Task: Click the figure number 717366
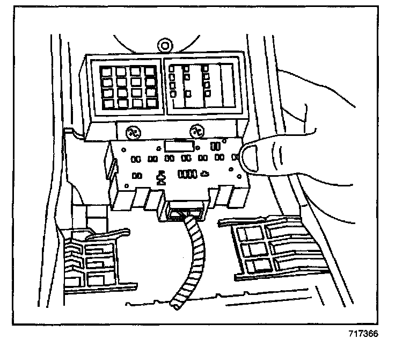coord(363,334)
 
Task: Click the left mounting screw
coord(133,133)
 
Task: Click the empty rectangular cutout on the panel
coord(179,146)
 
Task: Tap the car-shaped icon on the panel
coord(205,174)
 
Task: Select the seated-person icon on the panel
coord(160,178)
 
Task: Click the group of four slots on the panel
coord(187,174)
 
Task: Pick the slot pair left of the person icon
coord(137,176)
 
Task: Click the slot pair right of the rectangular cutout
coord(215,146)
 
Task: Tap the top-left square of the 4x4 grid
coord(106,72)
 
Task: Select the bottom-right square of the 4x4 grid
coord(152,103)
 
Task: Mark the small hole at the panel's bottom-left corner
coord(127,186)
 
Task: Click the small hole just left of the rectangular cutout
coord(159,148)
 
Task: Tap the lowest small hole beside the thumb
coord(239,176)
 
